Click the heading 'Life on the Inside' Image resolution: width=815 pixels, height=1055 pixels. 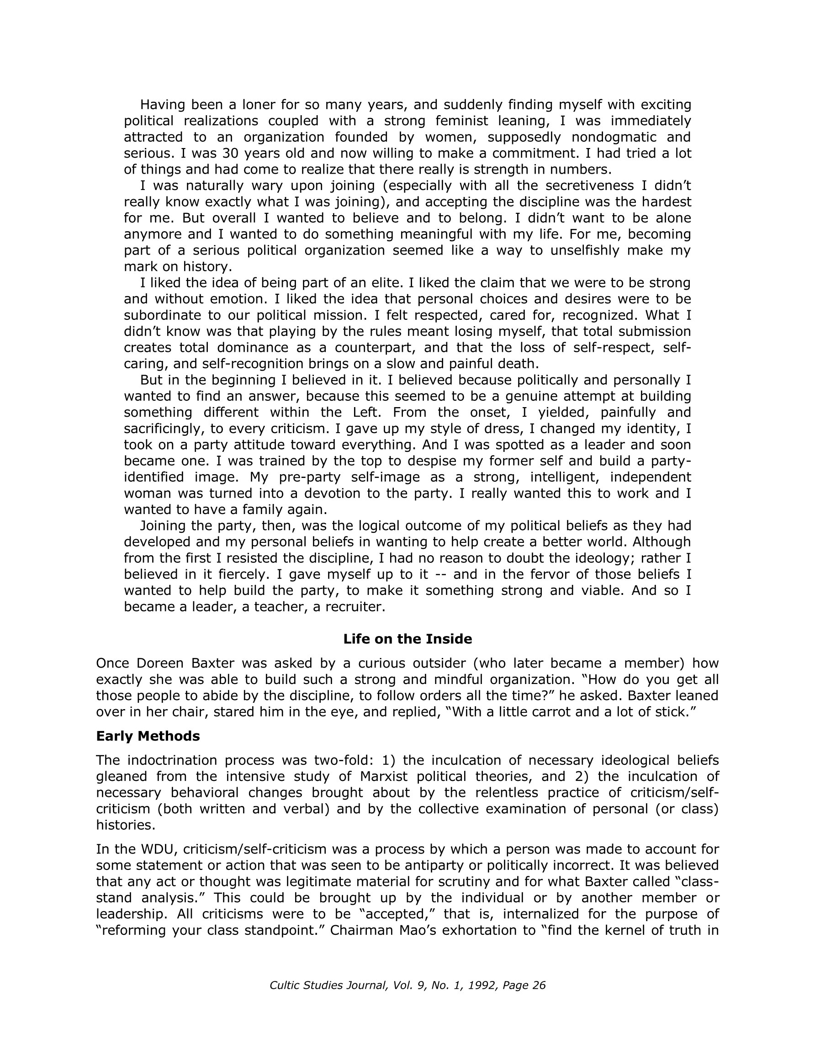coord(407,639)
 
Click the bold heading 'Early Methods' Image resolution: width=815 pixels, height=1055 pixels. coord(148,736)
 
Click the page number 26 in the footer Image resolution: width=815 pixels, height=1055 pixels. coord(538,985)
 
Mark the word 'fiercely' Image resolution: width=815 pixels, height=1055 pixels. coord(237,574)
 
